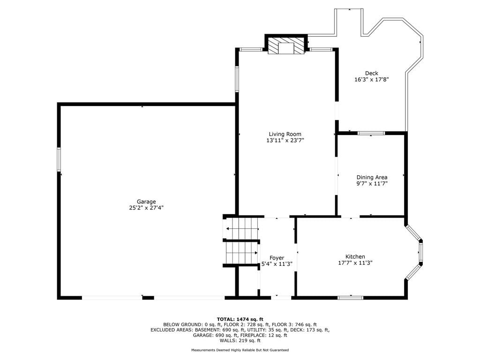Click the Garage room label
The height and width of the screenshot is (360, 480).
(x=146, y=202)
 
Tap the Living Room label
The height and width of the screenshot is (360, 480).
(x=285, y=134)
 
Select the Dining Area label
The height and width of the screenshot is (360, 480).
(x=372, y=177)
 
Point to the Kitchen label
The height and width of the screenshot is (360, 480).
(x=355, y=256)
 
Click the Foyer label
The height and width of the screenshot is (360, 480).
(x=277, y=258)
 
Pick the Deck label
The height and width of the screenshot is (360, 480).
(x=371, y=73)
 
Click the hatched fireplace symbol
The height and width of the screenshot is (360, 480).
(x=286, y=45)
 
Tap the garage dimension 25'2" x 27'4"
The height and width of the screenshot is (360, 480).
(x=146, y=208)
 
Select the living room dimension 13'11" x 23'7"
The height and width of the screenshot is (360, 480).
(x=285, y=141)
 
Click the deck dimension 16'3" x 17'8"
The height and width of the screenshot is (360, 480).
(x=371, y=80)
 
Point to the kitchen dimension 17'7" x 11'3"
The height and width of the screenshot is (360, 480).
(x=355, y=262)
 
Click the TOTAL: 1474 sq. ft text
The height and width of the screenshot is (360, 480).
(x=240, y=319)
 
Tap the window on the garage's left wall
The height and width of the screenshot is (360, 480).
(x=59, y=159)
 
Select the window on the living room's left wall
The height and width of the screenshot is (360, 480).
(x=237, y=79)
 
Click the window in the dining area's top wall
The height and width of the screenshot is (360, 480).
(x=371, y=133)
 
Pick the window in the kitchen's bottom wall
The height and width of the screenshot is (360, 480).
(x=351, y=298)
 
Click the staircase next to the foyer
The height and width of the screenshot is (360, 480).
(x=241, y=240)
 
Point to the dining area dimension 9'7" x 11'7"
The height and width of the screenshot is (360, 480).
(x=372, y=184)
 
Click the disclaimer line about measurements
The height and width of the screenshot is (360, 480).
(x=240, y=350)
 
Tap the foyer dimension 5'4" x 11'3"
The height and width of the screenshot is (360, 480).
(x=277, y=264)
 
